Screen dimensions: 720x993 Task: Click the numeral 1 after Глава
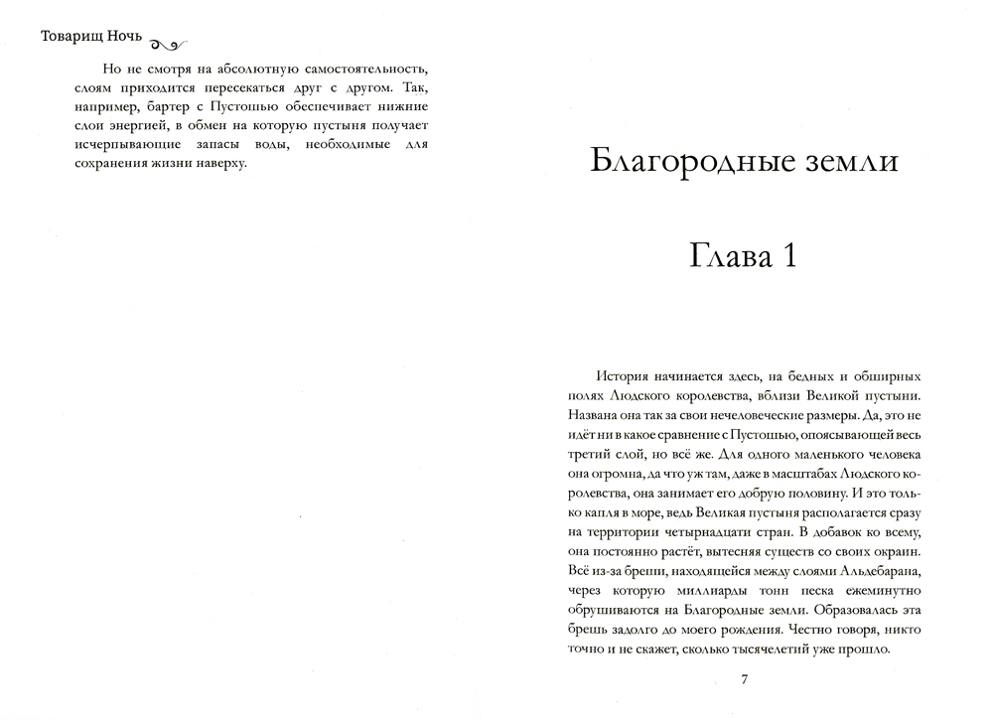point(789,256)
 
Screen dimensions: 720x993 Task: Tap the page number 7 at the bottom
point(744,680)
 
